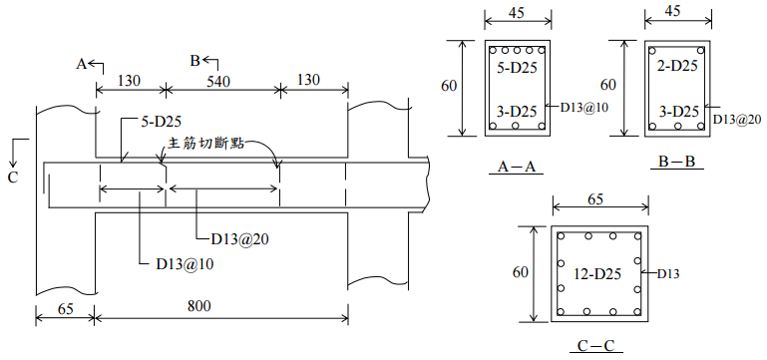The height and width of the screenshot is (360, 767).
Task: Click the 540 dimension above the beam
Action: [x=217, y=81]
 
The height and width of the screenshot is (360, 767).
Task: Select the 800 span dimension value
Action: [x=199, y=306]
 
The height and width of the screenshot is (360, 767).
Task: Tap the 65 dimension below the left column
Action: [x=66, y=309]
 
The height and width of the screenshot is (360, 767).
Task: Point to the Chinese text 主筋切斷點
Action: [x=205, y=144]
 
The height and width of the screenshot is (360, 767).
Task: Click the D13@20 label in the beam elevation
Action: [x=240, y=239]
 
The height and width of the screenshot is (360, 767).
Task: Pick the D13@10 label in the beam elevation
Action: [x=185, y=264]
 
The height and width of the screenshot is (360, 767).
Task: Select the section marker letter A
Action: [x=81, y=64]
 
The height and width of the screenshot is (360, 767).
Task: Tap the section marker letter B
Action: [x=195, y=61]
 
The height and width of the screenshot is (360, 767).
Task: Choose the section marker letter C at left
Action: [x=13, y=178]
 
